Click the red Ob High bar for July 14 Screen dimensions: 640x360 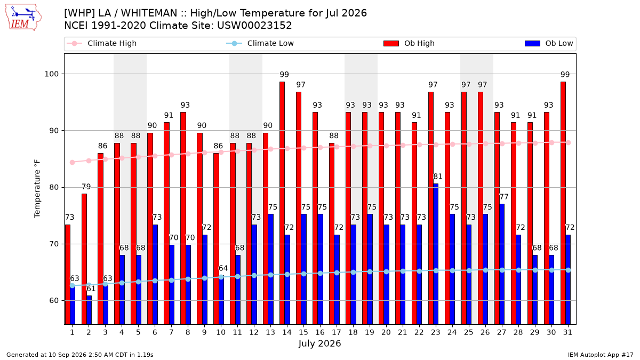[282, 203]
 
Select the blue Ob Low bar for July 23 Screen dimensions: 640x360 [436, 254]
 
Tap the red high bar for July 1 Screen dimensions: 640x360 [68, 275]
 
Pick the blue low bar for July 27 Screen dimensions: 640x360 [502, 265]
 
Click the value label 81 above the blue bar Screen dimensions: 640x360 [438, 177]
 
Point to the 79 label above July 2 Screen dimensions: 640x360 [86, 187]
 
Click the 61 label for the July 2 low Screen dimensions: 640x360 [91, 289]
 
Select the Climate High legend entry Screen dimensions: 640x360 [102, 43]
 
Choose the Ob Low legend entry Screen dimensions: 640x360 [549, 43]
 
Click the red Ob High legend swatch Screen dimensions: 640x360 [391, 43]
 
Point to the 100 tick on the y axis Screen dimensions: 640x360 [51, 74]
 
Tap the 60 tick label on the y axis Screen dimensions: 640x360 [54, 301]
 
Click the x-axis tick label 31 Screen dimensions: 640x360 [567, 333]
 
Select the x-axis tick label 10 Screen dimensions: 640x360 [221, 333]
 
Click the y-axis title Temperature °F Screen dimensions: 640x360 [37, 189]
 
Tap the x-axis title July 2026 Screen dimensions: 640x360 [319, 343]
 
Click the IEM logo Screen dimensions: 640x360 [23, 18]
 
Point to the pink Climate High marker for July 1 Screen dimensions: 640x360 [73, 163]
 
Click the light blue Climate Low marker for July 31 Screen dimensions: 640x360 [569, 270]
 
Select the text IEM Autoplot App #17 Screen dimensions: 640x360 [601, 355]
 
